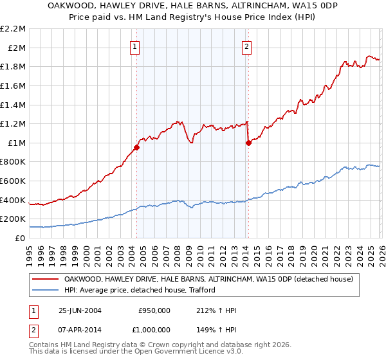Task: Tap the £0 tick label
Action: point(19,238)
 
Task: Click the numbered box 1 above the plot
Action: point(135,46)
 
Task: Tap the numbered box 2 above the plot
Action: point(247,46)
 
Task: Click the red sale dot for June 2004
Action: point(136,147)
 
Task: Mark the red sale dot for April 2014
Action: point(248,143)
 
